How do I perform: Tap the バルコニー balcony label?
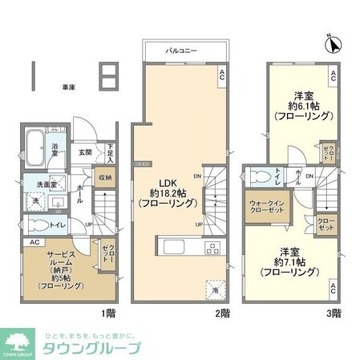tap(178, 50)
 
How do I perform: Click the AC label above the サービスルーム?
tap(34, 242)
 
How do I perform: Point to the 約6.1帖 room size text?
tap(302, 105)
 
